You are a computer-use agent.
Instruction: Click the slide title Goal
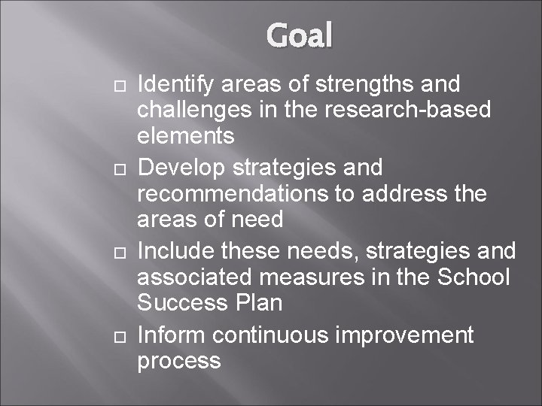pyautogui.click(x=298, y=35)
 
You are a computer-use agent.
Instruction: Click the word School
pyautogui.click(x=473, y=277)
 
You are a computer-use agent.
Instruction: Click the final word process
pyautogui.click(x=178, y=361)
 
